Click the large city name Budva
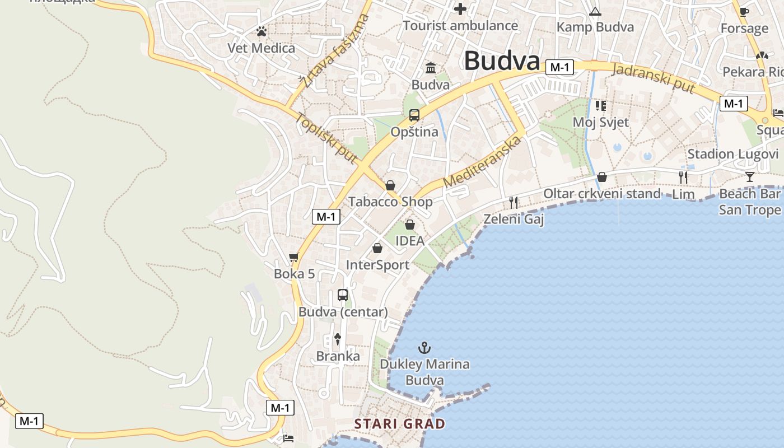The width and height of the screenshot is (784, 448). [x=502, y=61]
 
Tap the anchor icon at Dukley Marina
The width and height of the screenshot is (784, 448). [x=424, y=348]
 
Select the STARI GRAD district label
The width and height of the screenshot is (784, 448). [x=400, y=424]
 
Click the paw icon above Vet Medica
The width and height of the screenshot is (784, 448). [x=262, y=31]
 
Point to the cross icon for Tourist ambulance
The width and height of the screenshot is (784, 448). [x=460, y=9]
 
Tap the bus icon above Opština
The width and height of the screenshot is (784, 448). [x=414, y=115]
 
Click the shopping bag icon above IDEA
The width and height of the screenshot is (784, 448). [x=410, y=225]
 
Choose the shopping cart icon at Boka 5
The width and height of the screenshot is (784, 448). [x=294, y=258]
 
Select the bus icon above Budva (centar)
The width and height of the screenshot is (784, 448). [x=343, y=295]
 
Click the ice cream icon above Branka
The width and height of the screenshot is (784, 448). [x=338, y=338]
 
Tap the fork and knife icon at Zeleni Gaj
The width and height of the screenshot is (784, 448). [x=514, y=202]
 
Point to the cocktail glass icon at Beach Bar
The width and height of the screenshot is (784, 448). [x=750, y=177]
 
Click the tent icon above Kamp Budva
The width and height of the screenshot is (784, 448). [x=595, y=11]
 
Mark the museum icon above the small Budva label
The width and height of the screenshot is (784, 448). [x=431, y=68]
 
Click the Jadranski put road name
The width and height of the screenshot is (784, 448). [x=654, y=79]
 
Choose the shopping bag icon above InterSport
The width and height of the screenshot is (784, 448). [x=377, y=248]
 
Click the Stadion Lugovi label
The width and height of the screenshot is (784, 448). [x=732, y=154]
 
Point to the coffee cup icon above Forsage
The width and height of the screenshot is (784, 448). [x=744, y=12]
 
